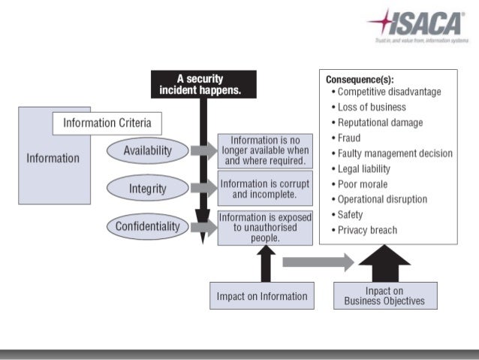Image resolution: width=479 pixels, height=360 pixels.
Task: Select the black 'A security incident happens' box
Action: point(203,84)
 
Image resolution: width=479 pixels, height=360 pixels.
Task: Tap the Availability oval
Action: point(147,150)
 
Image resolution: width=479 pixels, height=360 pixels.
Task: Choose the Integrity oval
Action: point(147,188)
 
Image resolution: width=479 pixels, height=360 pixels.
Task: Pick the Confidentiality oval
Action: point(147,226)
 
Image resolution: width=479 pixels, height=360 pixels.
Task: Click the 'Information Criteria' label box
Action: point(106,123)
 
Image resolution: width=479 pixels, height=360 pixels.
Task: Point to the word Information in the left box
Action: point(53,158)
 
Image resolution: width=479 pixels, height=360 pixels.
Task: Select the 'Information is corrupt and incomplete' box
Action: point(264,188)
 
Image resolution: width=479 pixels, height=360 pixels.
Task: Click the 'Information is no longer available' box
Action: point(264,150)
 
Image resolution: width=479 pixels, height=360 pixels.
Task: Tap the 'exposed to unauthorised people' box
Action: point(264,227)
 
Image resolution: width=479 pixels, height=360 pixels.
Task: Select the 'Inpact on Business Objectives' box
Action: point(384,295)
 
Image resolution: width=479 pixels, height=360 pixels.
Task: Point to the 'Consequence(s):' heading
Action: point(360,79)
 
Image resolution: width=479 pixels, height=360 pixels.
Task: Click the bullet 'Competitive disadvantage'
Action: point(389,92)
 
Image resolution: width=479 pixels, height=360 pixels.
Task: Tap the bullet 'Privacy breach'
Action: point(367,230)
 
